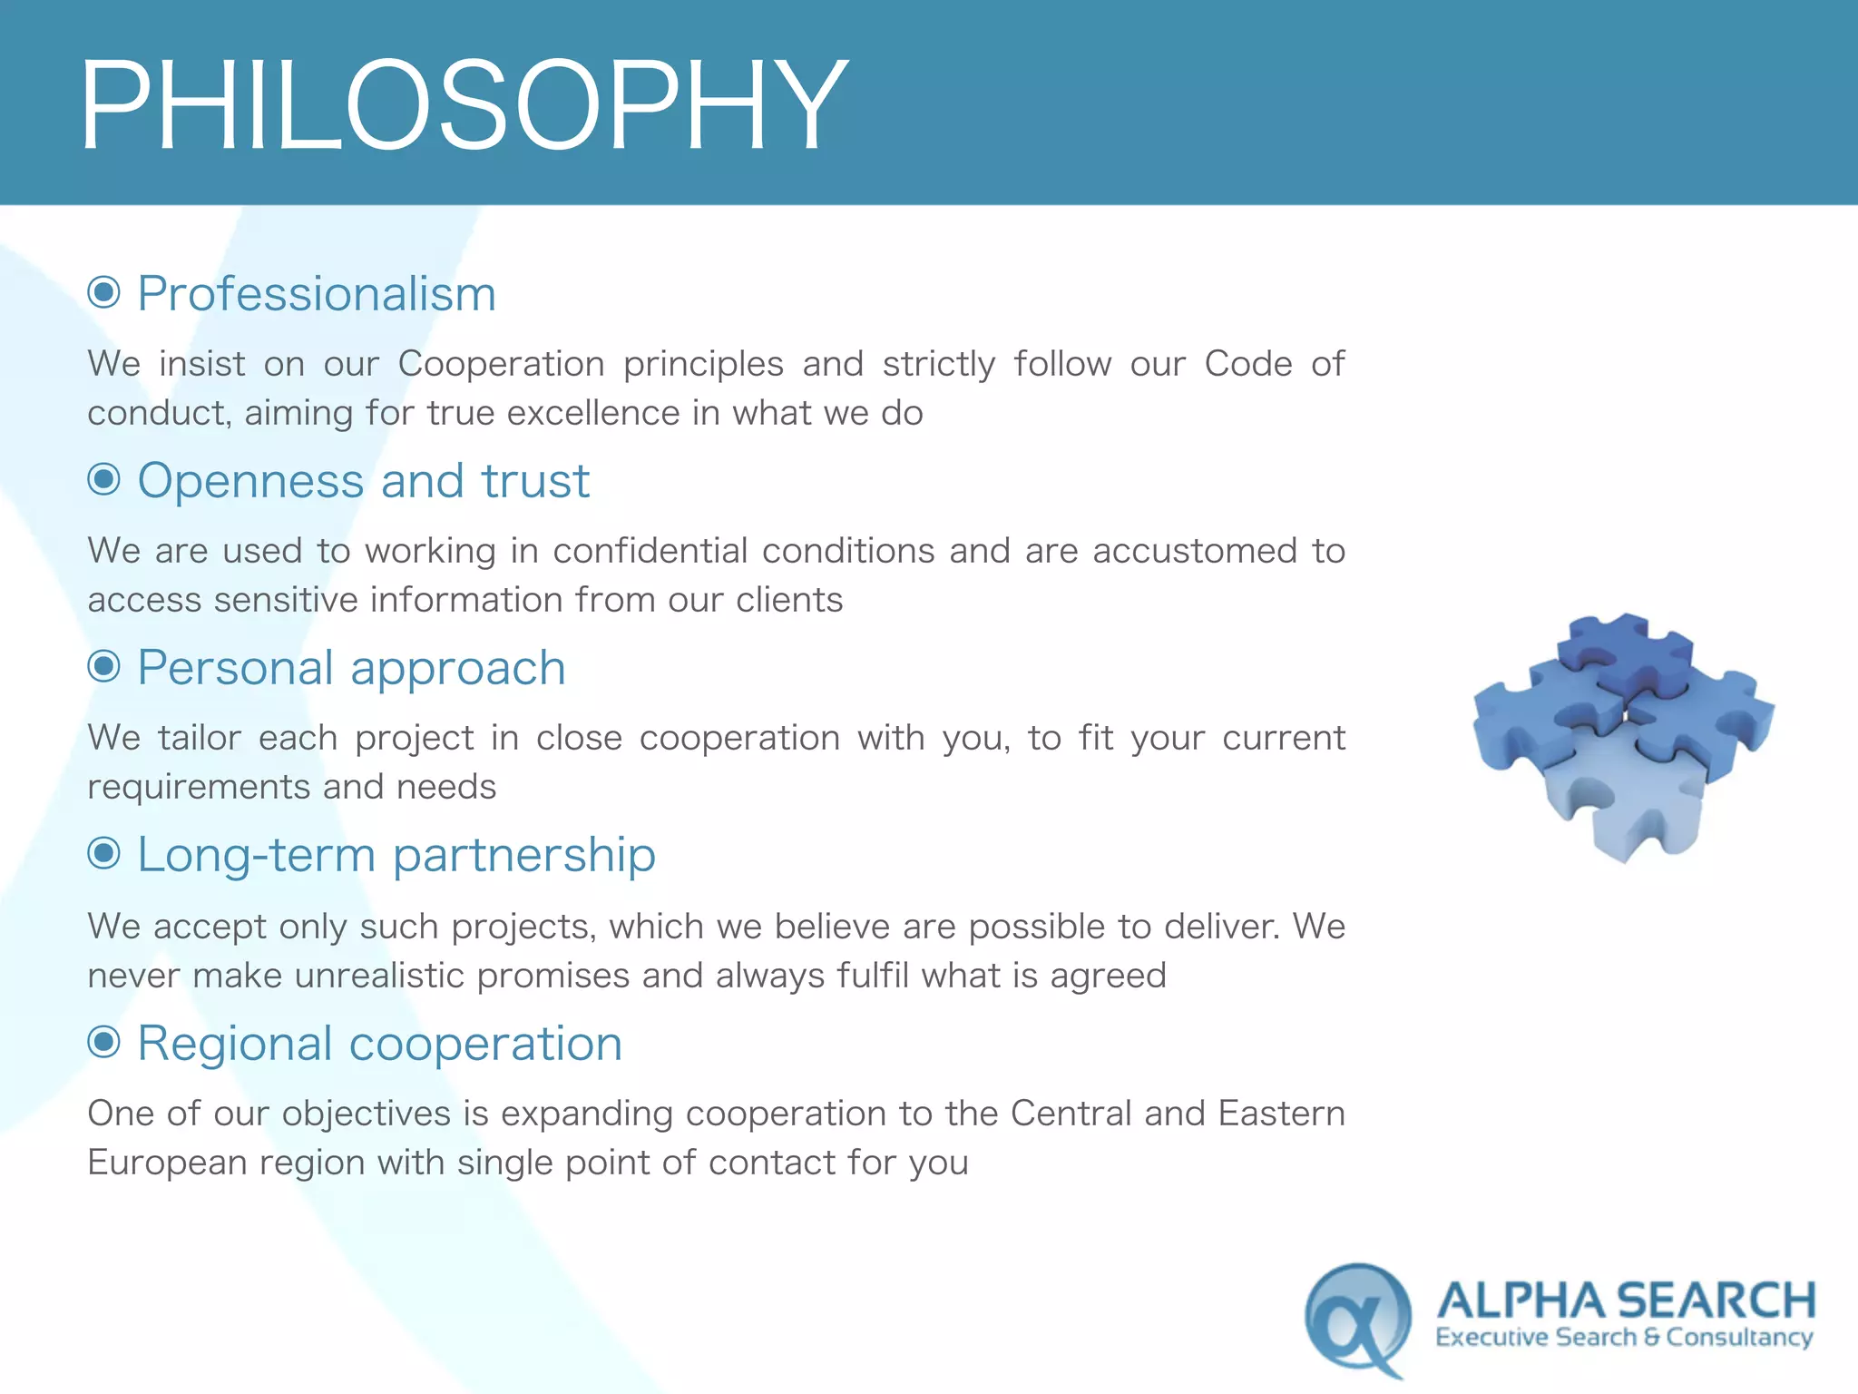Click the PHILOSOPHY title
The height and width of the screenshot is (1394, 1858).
pyautogui.click(x=463, y=104)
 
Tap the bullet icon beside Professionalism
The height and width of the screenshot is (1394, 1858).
pyautogui.click(x=104, y=292)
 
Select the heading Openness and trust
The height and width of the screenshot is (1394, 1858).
pyautogui.click(x=363, y=480)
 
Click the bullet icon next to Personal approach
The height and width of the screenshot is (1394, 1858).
pyautogui.click(x=104, y=666)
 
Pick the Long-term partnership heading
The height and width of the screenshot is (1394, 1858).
pyautogui.click(x=396, y=855)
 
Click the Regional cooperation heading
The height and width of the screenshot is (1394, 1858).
pyautogui.click(x=379, y=1043)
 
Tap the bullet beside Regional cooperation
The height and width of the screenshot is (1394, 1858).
pyautogui.click(x=104, y=1041)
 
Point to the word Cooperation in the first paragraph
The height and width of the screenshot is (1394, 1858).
pyautogui.click(x=501, y=364)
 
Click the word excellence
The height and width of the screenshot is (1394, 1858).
pyautogui.click(x=592, y=413)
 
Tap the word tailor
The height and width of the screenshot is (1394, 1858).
pyautogui.click(x=199, y=738)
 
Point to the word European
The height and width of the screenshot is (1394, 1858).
pyautogui.click(x=167, y=1163)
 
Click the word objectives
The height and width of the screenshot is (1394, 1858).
pyautogui.click(x=366, y=1114)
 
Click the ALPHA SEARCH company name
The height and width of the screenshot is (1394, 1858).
pyautogui.click(x=1626, y=1301)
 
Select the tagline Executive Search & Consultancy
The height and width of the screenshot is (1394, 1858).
pyautogui.click(x=1624, y=1338)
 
